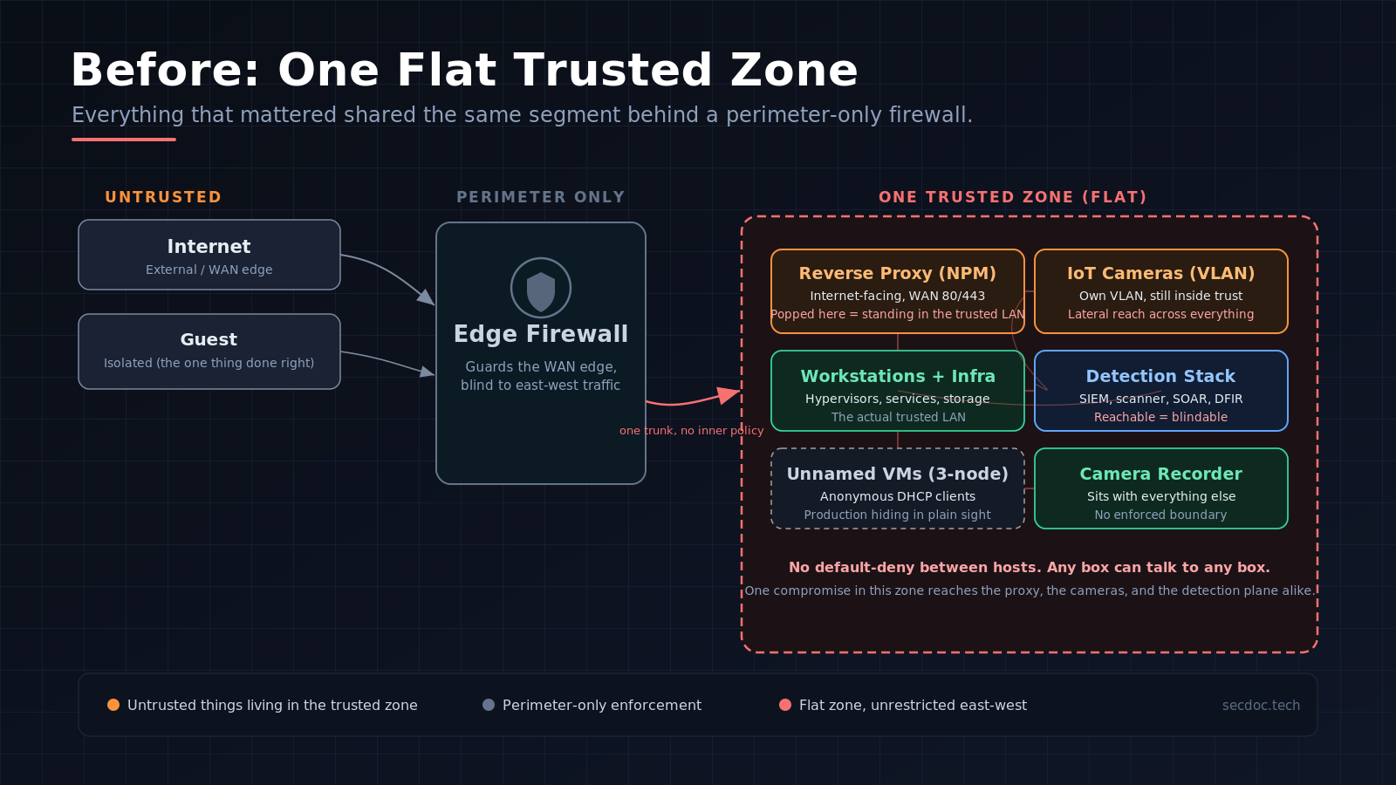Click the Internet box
[x=209, y=255]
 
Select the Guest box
[x=209, y=352]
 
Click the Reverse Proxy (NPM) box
[x=898, y=291]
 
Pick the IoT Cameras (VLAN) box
[x=1161, y=291]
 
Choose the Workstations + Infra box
[x=898, y=391]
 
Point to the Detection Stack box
[x=1161, y=391]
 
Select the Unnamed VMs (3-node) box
[x=898, y=488]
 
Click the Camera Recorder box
[x=1161, y=488]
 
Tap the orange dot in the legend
[x=113, y=705]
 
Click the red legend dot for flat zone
[x=785, y=705]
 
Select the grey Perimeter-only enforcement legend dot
[x=489, y=705]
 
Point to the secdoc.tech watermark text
[x=1261, y=706]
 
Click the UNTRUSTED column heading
[x=163, y=197]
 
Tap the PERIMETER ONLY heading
[x=540, y=197]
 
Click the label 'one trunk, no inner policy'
[x=691, y=431]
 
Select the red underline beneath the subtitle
[x=124, y=140]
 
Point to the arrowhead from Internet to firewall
[x=427, y=297]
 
